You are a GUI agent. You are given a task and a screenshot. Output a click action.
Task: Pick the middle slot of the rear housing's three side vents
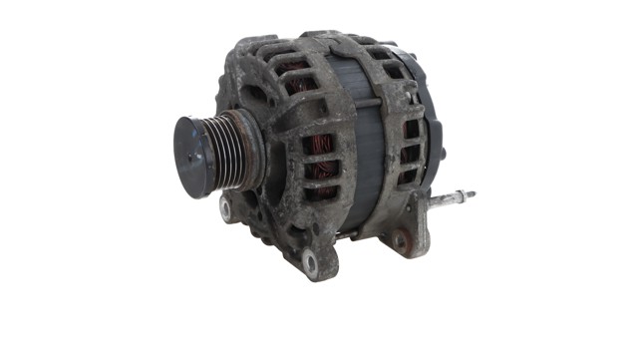tap(410, 154)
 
